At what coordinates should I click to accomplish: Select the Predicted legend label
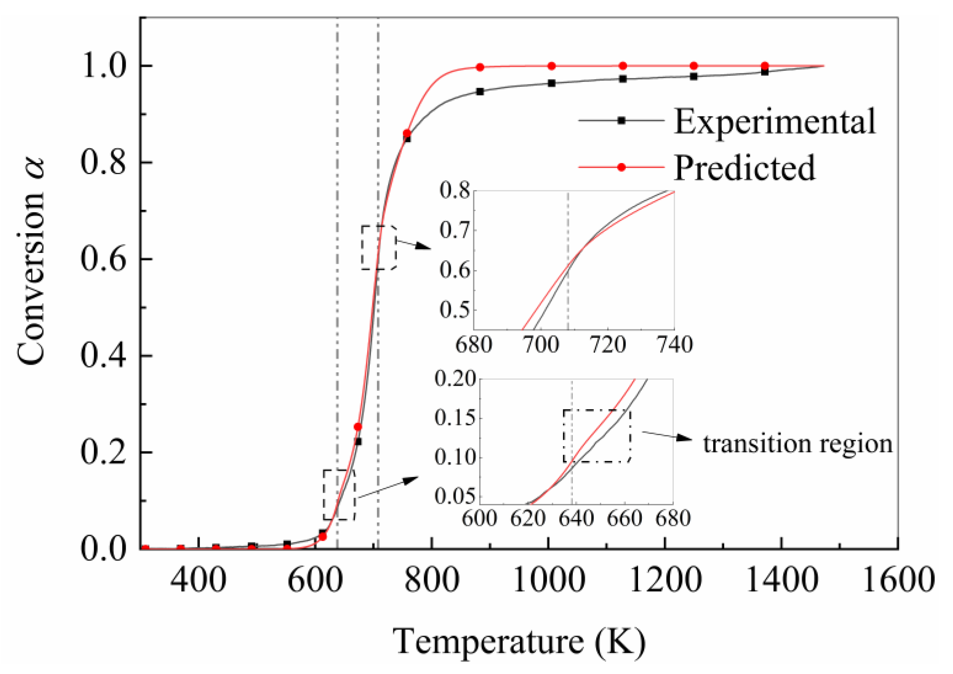[x=744, y=168]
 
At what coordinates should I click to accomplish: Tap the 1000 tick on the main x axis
[x=549, y=580]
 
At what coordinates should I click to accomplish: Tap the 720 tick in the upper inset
[x=607, y=345]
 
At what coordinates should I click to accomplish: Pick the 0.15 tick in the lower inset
[x=455, y=418]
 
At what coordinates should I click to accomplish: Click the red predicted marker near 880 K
[x=480, y=67]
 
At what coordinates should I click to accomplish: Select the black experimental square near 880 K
[x=480, y=91]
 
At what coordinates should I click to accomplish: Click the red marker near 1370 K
[x=764, y=66]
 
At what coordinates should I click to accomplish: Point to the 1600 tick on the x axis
[x=898, y=580]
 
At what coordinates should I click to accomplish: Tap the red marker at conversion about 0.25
[x=358, y=427]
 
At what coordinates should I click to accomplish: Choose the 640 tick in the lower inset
[x=576, y=518]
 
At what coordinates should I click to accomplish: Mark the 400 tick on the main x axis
[x=198, y=580]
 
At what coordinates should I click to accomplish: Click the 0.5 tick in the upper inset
[x=455, y=310]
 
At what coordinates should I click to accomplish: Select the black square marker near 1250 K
[x=693, y=76]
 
